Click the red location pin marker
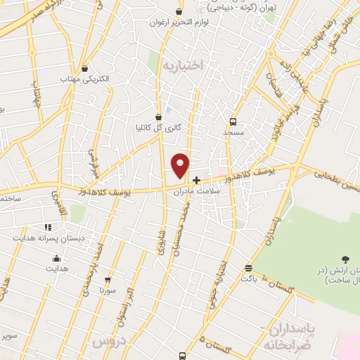[x=181, y=165]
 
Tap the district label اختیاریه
[x=182, y=65]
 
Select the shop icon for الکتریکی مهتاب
[x=86, y=68]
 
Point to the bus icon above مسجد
[x=233, y=121]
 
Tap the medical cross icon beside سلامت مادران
[x=196, y=180]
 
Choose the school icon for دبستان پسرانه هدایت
[x=47, y=227]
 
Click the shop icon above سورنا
[x=108, y=278]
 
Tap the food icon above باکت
[x=247, y=268]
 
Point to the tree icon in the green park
[x=345, y=260]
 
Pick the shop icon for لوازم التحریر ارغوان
[x=179, y=12]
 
